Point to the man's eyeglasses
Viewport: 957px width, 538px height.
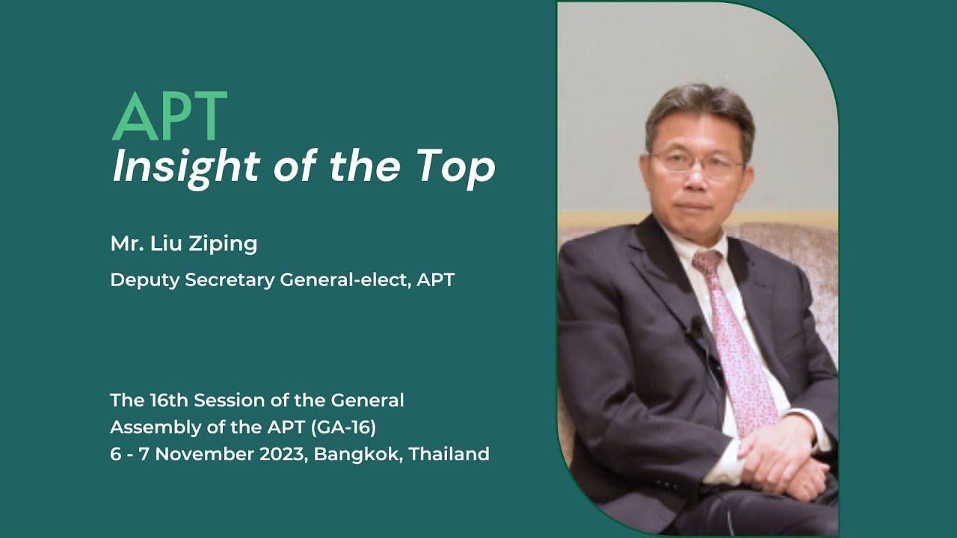point(697,165)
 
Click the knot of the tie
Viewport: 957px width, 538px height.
point(707,262)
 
